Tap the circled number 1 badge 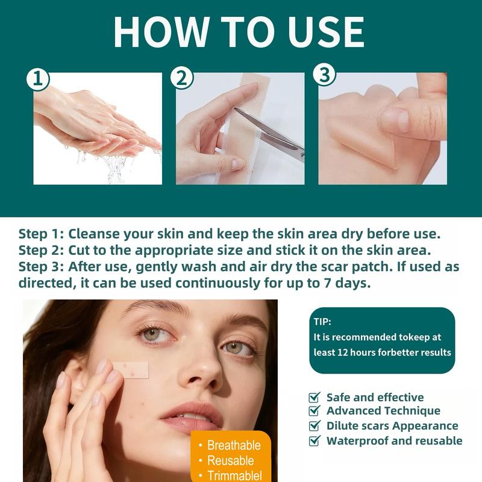pos(38,79)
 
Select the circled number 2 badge pos(182,78)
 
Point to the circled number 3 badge pos(325,75)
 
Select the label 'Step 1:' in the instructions pos(41,234)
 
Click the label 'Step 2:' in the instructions pos(41,250)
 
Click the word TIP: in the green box pos(322,322)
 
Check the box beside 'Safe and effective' pos(314,398)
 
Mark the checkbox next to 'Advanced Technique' pos(314,411)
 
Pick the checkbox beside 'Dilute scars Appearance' pos(314,426)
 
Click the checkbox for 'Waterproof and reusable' pos(314,440)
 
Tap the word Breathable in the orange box pos(234,445)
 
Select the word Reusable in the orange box pos(231,460)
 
